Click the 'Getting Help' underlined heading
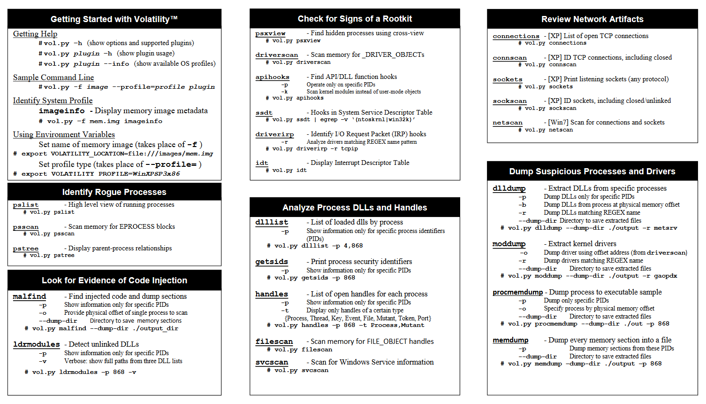[35, 34]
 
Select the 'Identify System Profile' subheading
[53, 101]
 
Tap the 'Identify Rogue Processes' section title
[114, 192]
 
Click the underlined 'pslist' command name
[26, 205]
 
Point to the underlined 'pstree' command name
[26, 249]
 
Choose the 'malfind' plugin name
[30, 296]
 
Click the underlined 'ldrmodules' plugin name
[37, 344]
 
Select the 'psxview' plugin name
[270, 33]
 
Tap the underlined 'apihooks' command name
[272, 77]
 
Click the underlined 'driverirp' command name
[274, 134]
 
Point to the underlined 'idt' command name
[262, 163]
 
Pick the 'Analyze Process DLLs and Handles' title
[355, 208]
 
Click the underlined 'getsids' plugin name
[272, 262]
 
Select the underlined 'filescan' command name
[274, 342]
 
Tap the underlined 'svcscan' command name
[272, 362]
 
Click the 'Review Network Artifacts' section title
[592, 19]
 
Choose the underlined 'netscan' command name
[508, 123]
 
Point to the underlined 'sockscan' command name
[509, 101]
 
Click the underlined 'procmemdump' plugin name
[517, 292]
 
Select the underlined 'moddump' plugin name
[509, 244]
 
